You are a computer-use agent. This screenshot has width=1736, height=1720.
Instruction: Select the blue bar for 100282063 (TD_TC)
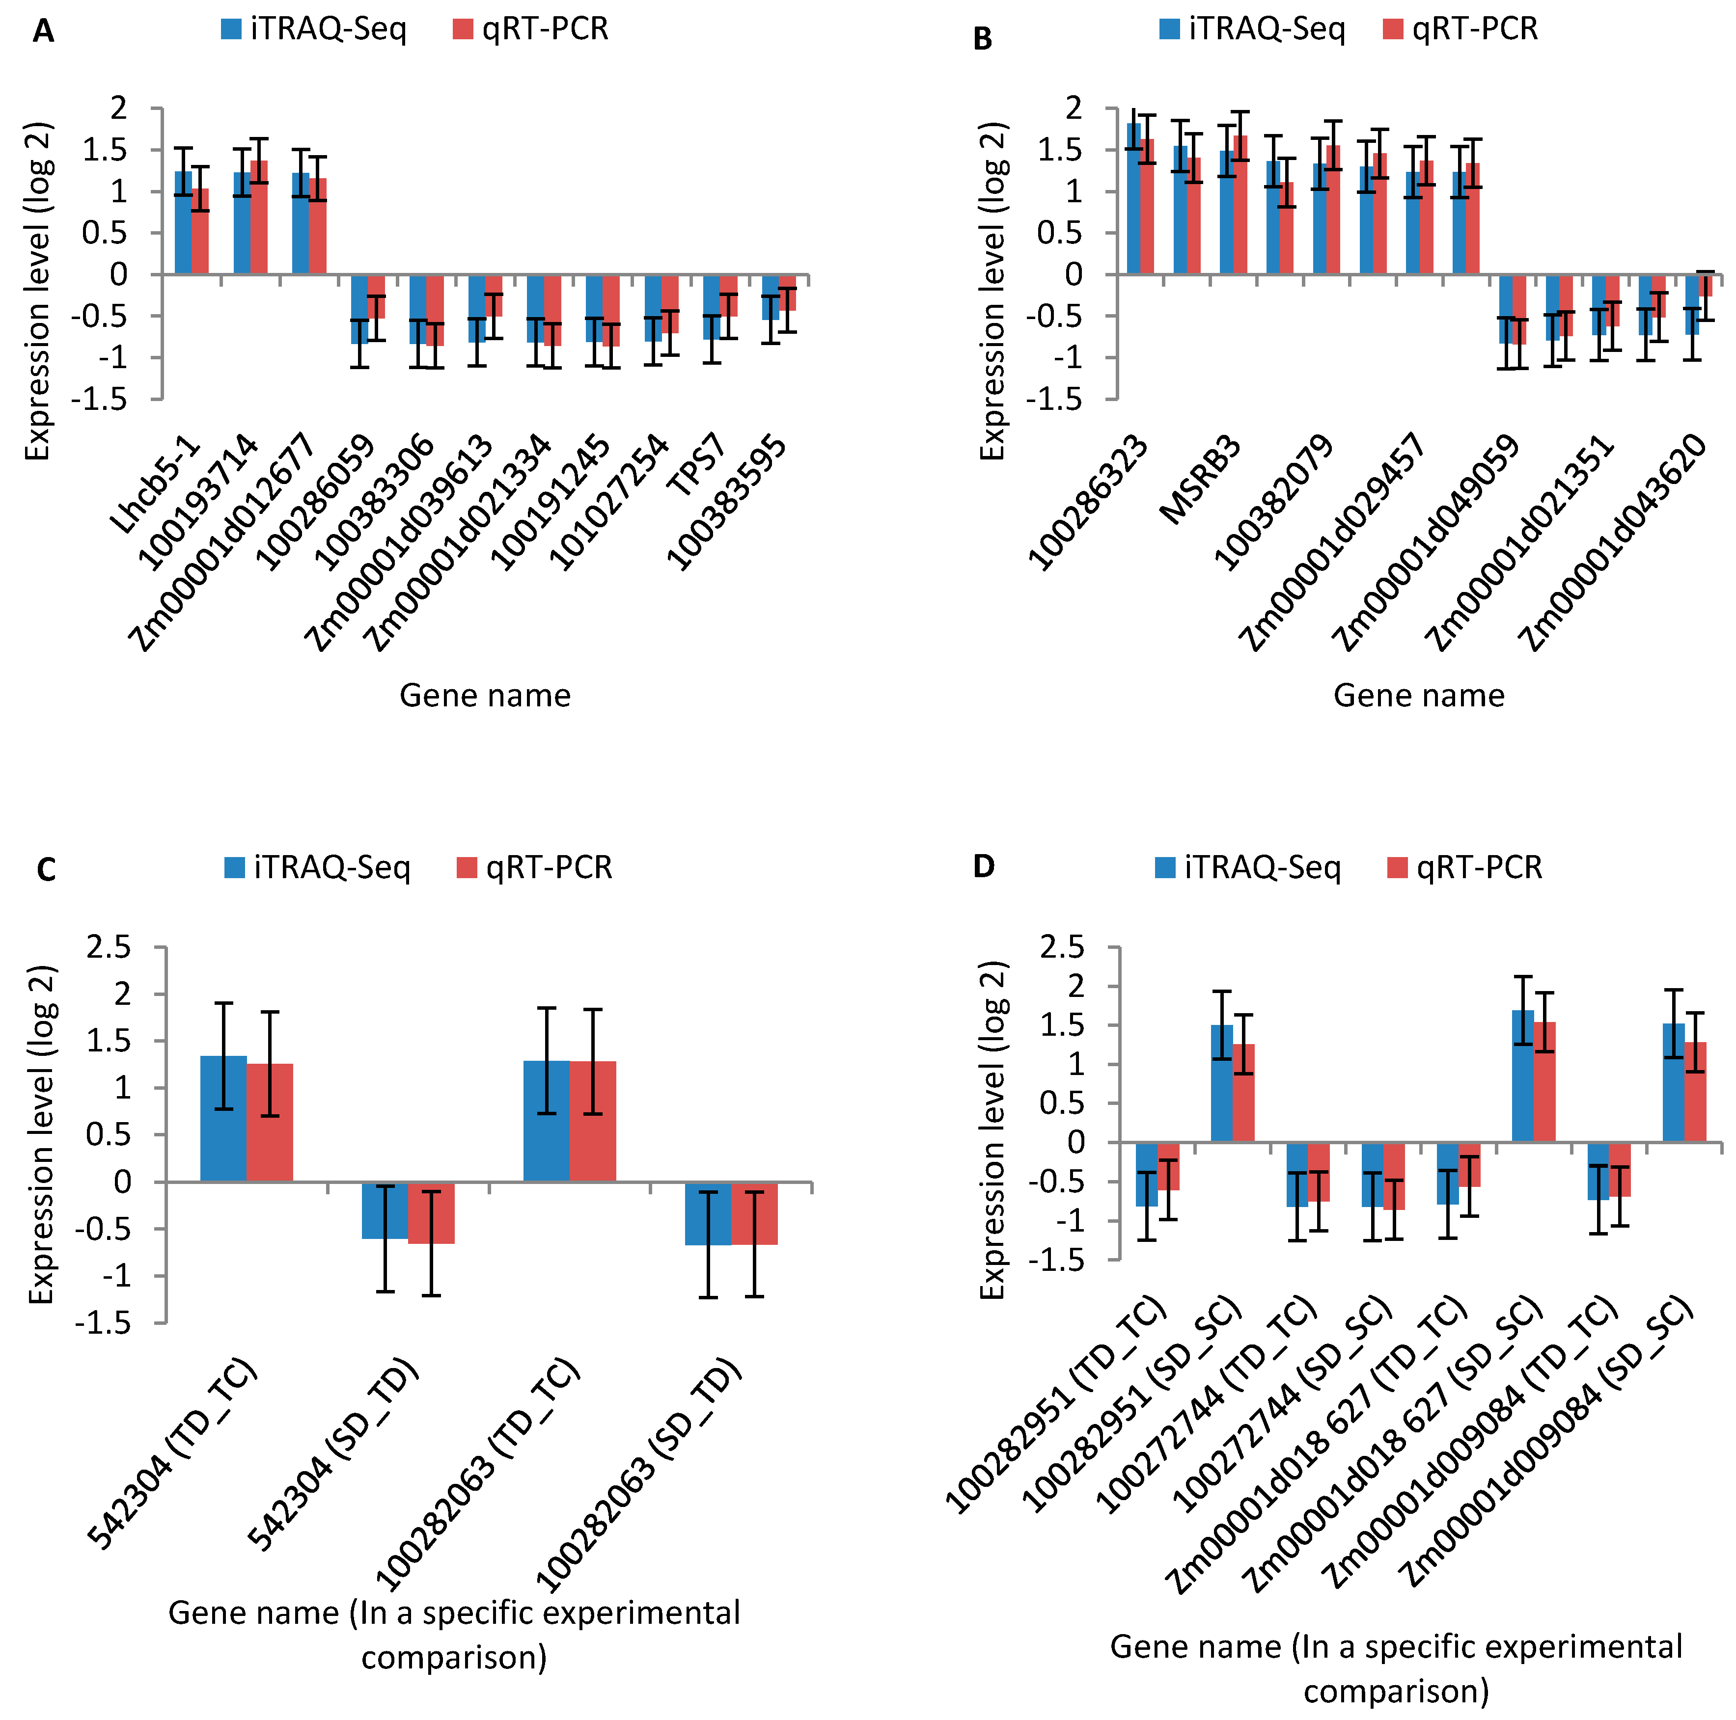tap(546, 1121)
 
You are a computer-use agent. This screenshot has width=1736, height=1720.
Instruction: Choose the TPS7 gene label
tap(696, 465)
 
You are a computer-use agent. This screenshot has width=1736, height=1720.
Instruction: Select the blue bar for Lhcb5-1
tap(183, 223)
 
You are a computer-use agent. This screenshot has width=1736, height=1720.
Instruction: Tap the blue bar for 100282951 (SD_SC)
tap(1222, 1083)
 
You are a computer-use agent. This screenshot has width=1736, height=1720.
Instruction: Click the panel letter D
tap(984, 867)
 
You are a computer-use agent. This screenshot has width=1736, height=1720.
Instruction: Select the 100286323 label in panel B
tap(1090, 503)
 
